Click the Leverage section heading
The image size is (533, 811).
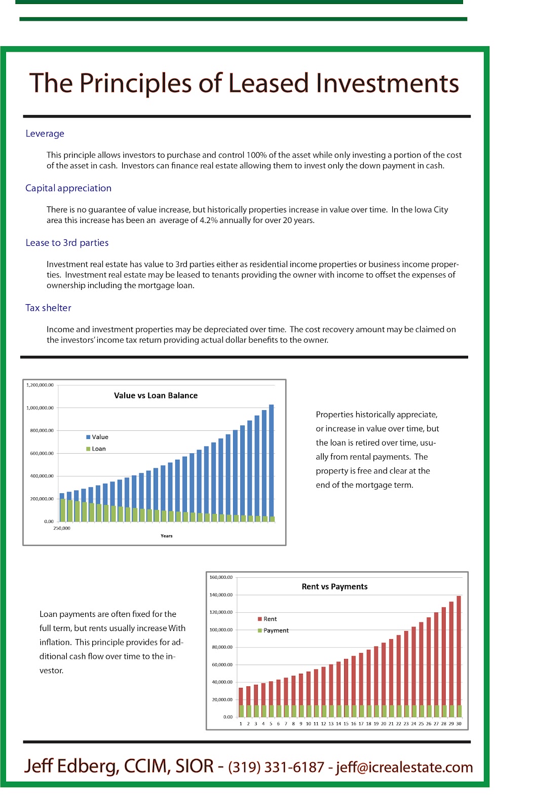tap(45, 134)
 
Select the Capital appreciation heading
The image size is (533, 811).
tap(68, 189)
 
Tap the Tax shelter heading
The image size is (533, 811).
tap(48, 308)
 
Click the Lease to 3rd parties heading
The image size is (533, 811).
tap(67, 243)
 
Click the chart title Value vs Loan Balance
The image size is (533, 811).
tap(156, 396)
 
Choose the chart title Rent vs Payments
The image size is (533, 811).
tap(334, 587)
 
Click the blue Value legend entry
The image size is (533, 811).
tap(97, 437)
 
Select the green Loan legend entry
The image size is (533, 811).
tap(96, 449)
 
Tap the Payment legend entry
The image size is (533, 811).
tap(273, 631)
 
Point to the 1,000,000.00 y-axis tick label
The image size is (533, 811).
tap(40, 408)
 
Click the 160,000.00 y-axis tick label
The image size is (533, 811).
tap(221, 577)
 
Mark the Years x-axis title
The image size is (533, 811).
tap(166, 536)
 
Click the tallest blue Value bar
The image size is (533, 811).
tap(272, 461)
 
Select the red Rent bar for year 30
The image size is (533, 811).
tap(459, 649)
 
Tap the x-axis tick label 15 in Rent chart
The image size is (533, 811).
tap(346, 724)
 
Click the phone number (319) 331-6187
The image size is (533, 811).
tap(276, 767)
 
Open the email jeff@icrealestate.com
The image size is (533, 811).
tap(404, 767)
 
